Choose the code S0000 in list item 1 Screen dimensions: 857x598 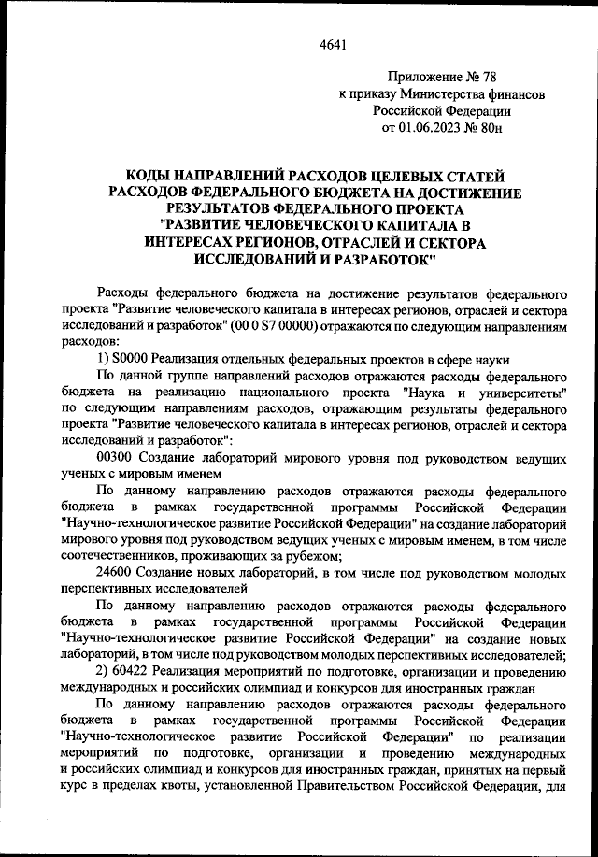coord(131,360)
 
